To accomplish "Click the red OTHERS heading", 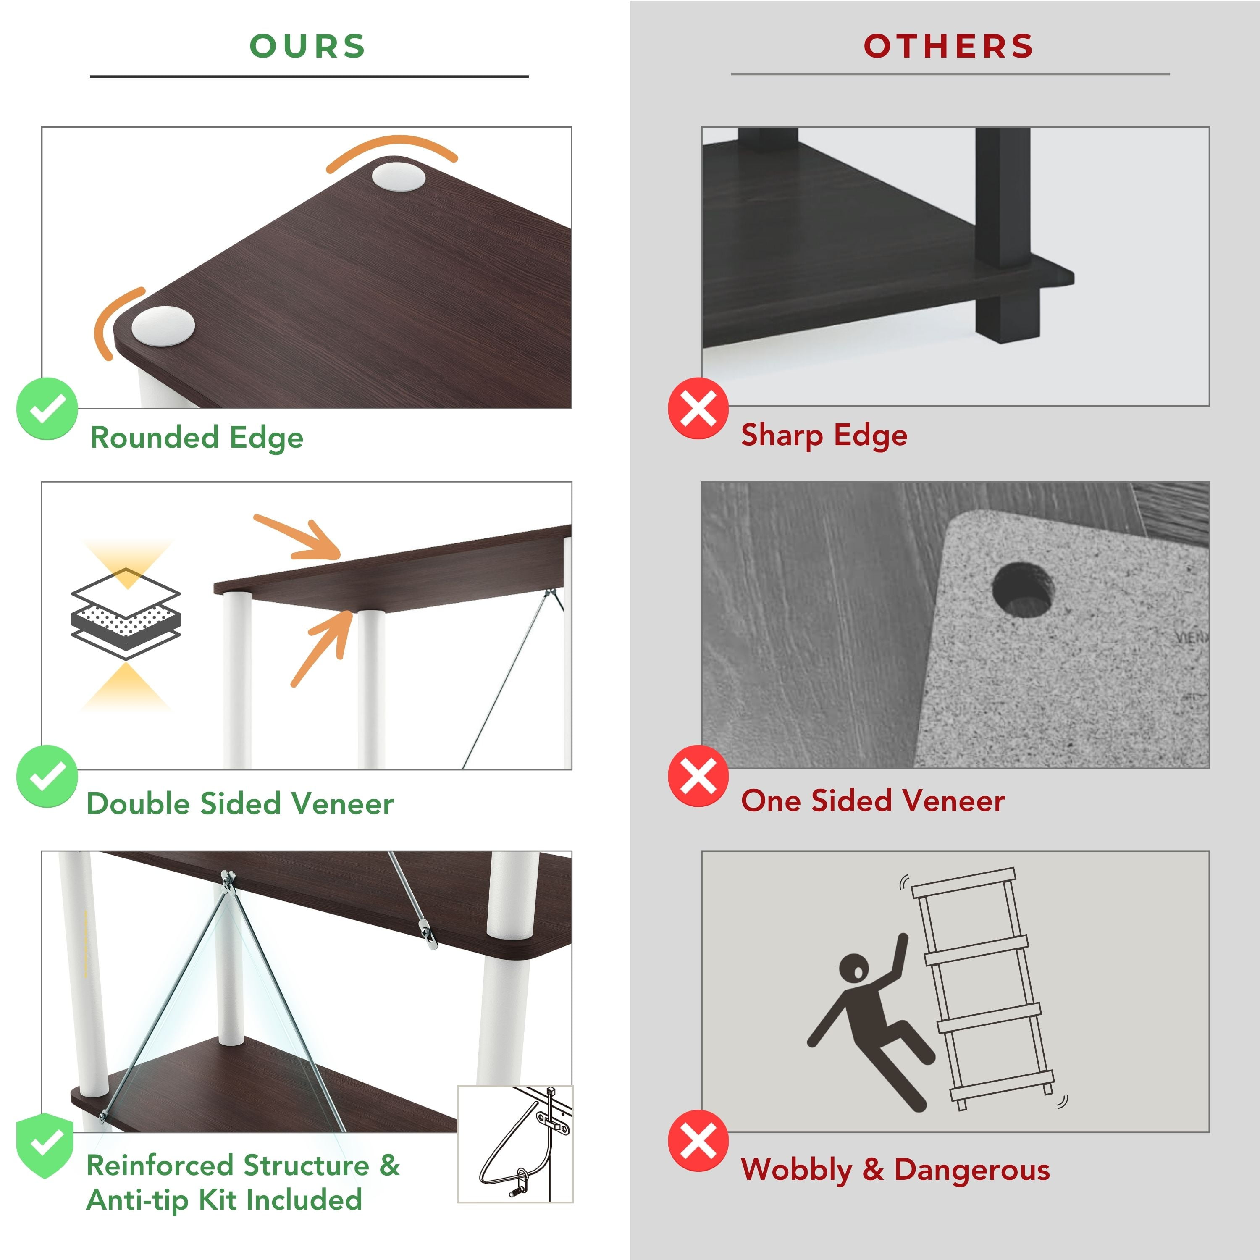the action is (948, 46).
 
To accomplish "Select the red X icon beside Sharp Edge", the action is (698, 408).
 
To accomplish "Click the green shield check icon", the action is (45, 1146).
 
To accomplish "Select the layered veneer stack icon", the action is (126, 614).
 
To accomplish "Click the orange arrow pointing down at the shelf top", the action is (298, 539).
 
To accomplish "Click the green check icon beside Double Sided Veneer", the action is (47, 776).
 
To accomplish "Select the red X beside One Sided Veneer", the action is (698, 776).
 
